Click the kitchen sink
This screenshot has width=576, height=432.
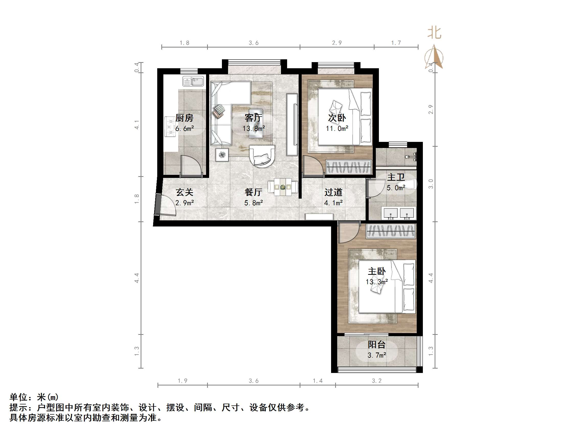193,81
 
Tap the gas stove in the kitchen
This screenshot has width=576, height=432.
171,127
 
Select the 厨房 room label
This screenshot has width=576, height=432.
184,118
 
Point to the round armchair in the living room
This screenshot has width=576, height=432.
262,156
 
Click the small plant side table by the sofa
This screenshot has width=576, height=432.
222,155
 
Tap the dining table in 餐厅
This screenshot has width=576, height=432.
283,187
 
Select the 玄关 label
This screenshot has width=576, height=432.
184,192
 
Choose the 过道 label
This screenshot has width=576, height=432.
333,192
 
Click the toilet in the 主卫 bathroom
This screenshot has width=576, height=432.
408,184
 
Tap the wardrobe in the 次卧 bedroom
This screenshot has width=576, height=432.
348,167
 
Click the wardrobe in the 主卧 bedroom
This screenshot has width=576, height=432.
391,231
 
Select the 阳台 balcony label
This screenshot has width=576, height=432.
377,345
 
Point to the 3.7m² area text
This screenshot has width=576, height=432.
377,355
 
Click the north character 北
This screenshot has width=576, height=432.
434,33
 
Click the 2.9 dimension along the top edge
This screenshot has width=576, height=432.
337,43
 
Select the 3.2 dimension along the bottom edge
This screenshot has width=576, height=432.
377,381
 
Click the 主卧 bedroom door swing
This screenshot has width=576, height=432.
348,233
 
